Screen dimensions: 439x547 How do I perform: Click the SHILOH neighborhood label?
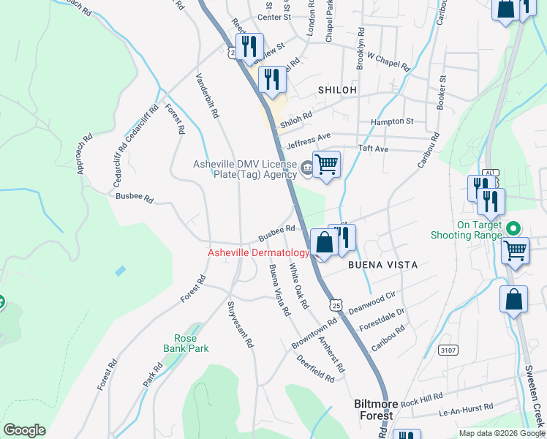coord(337,89)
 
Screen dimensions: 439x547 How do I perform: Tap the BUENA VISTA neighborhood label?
coord(382,265)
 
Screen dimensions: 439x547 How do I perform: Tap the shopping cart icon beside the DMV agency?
coord(327,163)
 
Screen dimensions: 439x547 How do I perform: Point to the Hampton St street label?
coord(392,121)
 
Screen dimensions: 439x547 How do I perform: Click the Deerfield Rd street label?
coord(315,368)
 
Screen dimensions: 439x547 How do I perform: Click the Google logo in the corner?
coord(24,430)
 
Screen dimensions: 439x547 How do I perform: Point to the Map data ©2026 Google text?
coord(502,433)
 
